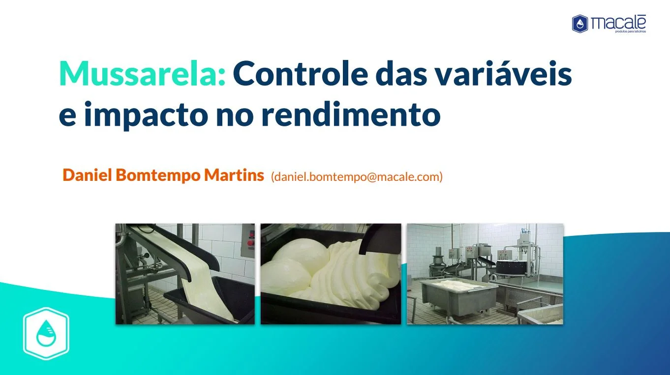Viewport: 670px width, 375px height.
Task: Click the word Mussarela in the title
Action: [x=142, y=74]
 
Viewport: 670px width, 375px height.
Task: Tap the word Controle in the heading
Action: [x=300, y=74]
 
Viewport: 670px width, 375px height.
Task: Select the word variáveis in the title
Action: [x=503, y=73]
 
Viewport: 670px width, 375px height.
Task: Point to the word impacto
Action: [x=146, y=115]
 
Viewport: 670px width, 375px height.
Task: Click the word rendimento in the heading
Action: [x=351, y=114]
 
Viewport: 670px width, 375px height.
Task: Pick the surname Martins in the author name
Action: [x=234, y=175]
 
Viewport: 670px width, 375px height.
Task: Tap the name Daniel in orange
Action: [x=87, y=175]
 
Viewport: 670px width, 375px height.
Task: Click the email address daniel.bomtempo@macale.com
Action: [x=357, y=177]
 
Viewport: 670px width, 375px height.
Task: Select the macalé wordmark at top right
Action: [x=618, y=23]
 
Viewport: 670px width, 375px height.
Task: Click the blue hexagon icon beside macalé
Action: [x=580, y=24]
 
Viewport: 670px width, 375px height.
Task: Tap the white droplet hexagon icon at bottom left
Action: [x=46, y=333]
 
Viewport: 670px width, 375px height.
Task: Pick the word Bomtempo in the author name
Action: [x=158, y=175]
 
